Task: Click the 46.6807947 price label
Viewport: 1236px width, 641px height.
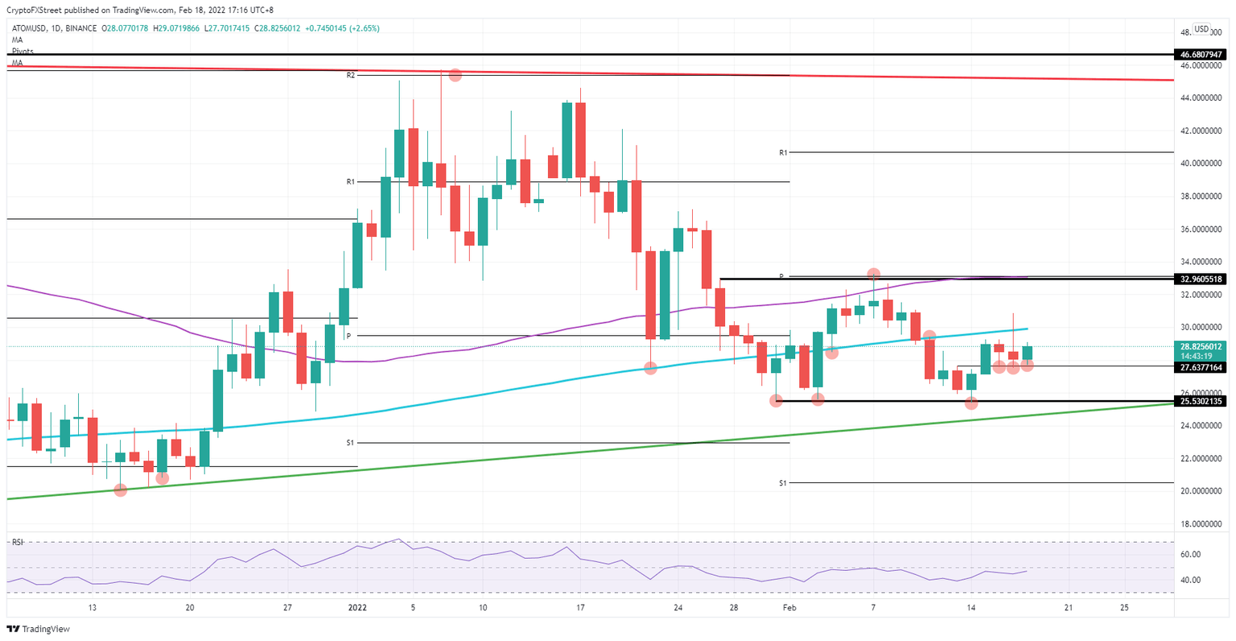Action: tap(1200, 55)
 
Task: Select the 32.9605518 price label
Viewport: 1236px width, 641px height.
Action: tap(1200, 279)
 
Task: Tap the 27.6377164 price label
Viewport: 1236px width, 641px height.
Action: tap(1200, 367)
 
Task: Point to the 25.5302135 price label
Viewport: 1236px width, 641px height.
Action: tap(1200, 401)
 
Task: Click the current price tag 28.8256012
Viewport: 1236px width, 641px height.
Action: tap(1200, 346)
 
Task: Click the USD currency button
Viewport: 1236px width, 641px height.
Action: tap(1201, 29)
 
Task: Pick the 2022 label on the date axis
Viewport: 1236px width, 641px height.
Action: tap(356, 608)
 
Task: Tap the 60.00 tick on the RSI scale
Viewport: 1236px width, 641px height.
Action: tap(1190, 555)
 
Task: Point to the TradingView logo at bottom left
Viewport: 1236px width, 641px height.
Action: tap(39, 629)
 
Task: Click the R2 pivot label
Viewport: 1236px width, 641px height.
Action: tap(351, 75)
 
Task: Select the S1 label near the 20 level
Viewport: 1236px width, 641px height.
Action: tap(783, 483)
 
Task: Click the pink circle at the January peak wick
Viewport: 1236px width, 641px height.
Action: tap(455, 75)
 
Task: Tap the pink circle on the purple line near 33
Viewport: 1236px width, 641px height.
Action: tap(873, 275)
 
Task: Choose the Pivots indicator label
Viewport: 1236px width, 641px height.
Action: tap(23, 51)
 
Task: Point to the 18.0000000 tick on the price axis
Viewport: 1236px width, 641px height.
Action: tap(1202, 524)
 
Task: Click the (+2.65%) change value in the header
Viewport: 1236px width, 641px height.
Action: tap(361, 28)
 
